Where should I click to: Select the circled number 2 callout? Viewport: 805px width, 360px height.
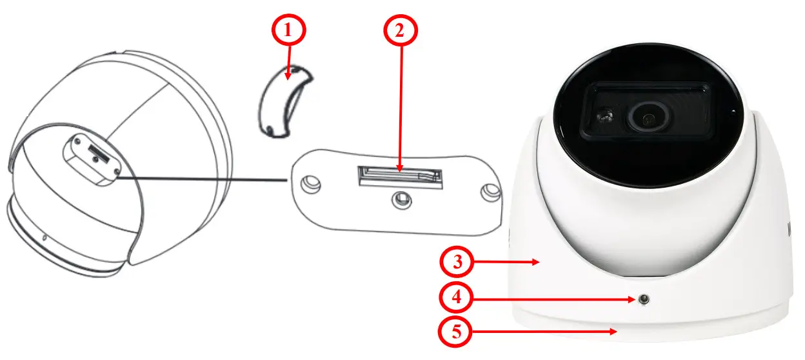click(401, 30)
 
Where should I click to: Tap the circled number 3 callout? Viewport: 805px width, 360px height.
click(457, 263)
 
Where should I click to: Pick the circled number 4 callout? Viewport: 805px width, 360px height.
click(457, 298)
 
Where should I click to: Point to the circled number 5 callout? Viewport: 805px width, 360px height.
click(457, 333)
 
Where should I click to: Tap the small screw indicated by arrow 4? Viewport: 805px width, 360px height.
click(644, 299)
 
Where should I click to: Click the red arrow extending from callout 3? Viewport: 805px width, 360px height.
click(510, 262)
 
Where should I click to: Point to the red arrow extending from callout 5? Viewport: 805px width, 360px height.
click(548, 332)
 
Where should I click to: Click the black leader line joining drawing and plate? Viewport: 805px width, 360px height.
click(200, 179)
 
